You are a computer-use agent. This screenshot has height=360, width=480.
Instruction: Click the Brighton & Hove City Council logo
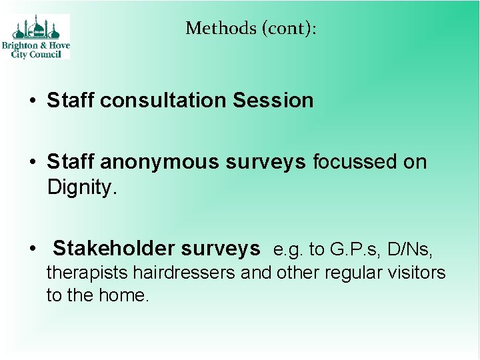40,37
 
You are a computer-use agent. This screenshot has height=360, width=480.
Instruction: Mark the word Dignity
82,187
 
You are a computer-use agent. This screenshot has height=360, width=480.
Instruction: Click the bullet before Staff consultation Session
32,101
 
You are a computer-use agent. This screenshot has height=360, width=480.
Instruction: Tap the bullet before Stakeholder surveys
32,249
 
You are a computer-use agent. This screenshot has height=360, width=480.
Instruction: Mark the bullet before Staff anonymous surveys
32,163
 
